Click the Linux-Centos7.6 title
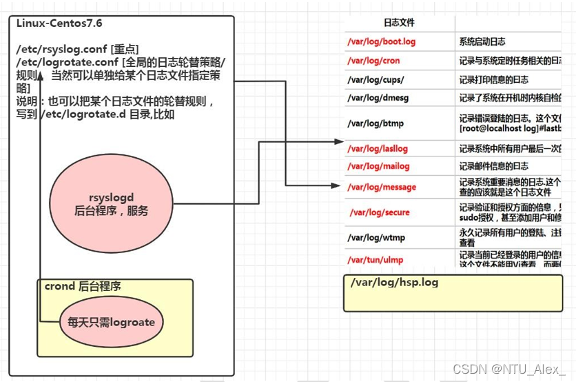(59, 23)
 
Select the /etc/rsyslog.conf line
(78, 49)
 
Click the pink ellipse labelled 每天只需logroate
(111, 321)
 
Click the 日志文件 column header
(400, 23)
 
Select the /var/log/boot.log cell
(382, 42)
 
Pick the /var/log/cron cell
(374, 61)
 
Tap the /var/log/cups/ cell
(376, 79)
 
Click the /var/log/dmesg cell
(378, 98)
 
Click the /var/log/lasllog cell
(378, 148)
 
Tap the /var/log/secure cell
(380, 212)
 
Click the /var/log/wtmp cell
(376, 238)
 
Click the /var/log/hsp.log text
(394, 283)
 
